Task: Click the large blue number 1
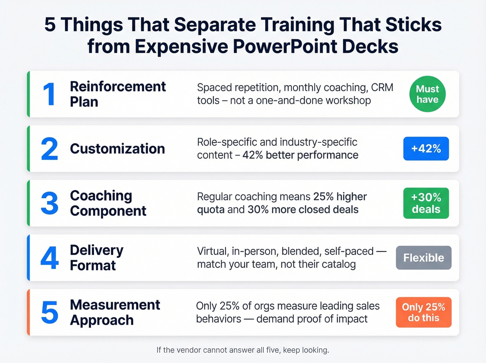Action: (x=49, y=94)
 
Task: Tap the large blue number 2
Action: (x=49, y=149)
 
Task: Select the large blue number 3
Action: (x=49, y=203)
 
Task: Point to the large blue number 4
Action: (x=49, y=258)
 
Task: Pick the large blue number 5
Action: (x=49, y=312)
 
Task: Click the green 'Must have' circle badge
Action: (x=427, y=94)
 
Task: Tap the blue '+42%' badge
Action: (x=426, y=149)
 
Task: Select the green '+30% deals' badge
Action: (x=426, y=203)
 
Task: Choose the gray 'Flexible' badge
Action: (x=424, y=258)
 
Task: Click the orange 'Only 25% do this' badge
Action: (x=424, y=312)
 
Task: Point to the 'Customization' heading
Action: (x=117, y=149)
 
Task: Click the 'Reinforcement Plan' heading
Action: (x=118, y=94)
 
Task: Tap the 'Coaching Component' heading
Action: (x=108, y=203)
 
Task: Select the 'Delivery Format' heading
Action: (x=97, y=258)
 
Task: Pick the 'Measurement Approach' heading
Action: (x=115, y=312)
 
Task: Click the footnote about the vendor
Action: (x=243, y=350)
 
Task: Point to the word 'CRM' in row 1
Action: (x=382, y=88)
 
